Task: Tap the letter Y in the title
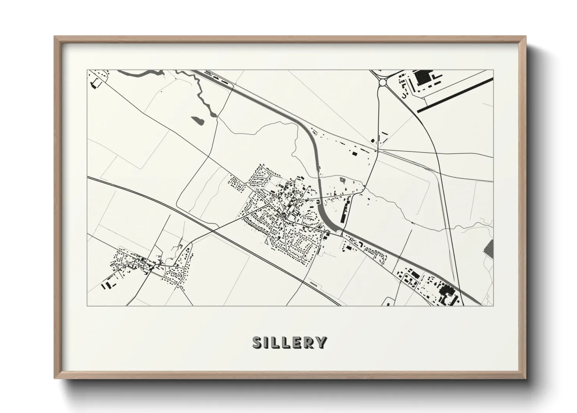[322, 342]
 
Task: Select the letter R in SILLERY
[309, 342]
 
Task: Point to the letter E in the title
[297, 342]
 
